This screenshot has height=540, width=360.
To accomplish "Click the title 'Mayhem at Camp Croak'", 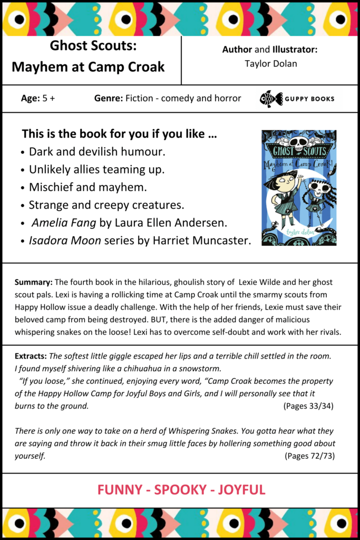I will tap(88, 67).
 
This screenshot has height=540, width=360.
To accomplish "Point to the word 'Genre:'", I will tap(109, 98).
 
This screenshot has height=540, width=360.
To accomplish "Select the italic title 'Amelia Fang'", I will tap(63, 223).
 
